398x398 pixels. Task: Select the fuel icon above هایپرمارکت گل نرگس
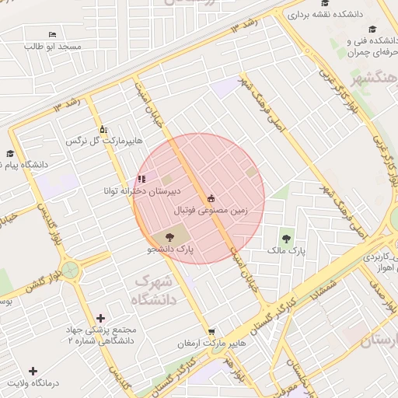pos(103,129)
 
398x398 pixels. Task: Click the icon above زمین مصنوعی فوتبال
pos(211,198)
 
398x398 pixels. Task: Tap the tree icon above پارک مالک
pos(287,239)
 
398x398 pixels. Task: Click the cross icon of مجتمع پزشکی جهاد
pos(100,318)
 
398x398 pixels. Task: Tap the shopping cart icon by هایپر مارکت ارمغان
pos(211,332)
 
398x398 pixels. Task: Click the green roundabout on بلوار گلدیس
pos(71,271)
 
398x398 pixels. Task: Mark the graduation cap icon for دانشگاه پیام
pos(10,154)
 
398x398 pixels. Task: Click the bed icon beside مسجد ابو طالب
pos(52,35)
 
